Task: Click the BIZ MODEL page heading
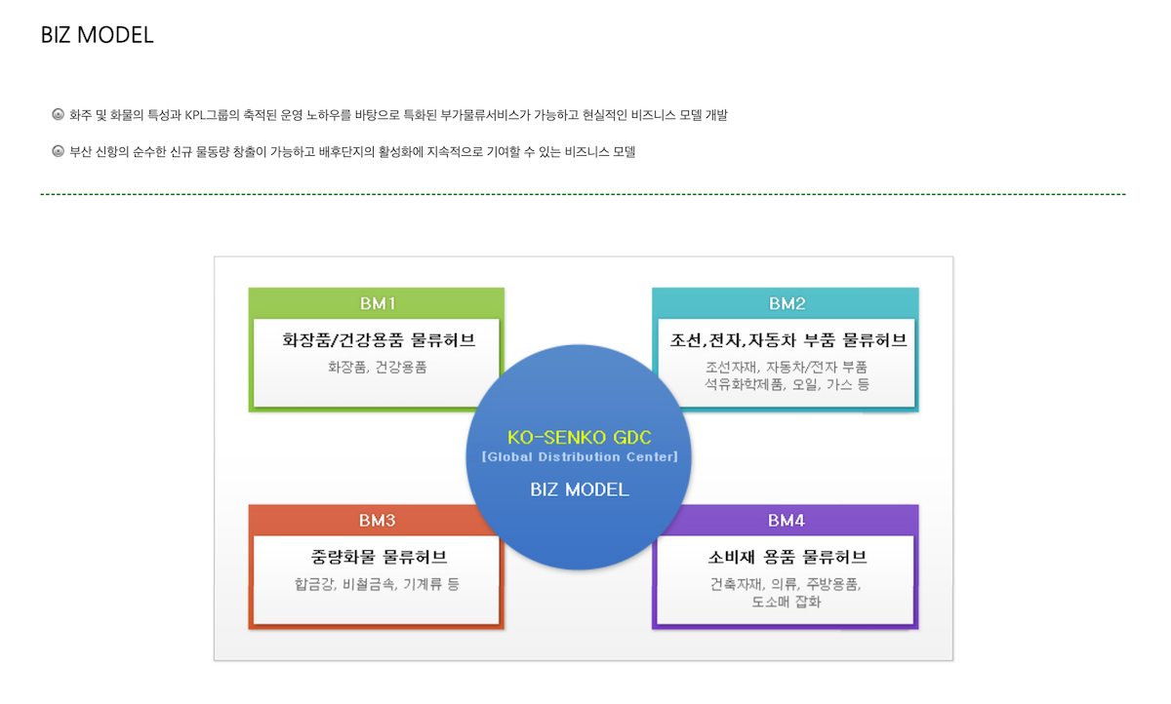[x=97, y=35]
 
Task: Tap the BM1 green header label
[x=377, y=303]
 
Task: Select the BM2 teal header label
[x=787, y=303]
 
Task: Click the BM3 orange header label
[x=377, y=520]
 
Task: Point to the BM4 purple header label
[x=787, y=520]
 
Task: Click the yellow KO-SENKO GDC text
[x=579, y=437]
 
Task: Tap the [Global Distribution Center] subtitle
[x=579, y=456]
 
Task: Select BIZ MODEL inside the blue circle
[x=580, y=489]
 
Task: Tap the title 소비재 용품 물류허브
[x=787, y=557]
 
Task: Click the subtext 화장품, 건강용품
[x=378, y=368]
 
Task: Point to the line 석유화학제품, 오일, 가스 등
[x=787, y=384]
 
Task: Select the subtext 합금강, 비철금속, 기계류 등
[x=378, y=584]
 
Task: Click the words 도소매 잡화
[x=787, y=602]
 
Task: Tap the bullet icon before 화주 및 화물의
[x=58, y=115]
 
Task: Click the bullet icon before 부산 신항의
[x=58, y=152]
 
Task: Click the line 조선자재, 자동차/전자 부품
[x=787, y=368]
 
